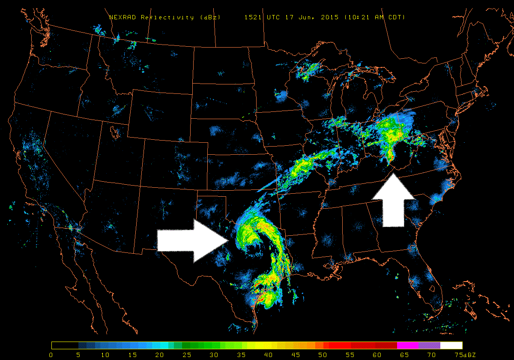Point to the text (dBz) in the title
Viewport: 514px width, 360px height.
(x=210, y=17)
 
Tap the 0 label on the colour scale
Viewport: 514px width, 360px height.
(x=51, y=354)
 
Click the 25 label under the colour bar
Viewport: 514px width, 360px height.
(x=187, y=354)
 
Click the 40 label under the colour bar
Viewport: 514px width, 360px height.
(x=269, y=354)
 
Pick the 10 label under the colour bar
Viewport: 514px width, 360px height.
(x=105, y=354)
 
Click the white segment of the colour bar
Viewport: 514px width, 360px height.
(x=451, y=345)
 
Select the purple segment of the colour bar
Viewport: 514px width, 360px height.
(x=429, y=345)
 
